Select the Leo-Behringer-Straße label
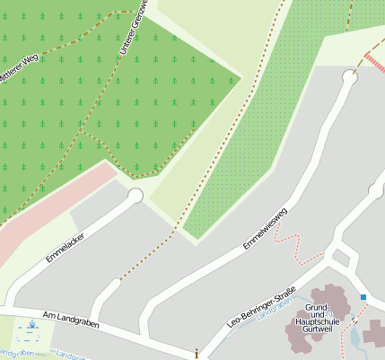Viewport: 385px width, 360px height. (261, 305)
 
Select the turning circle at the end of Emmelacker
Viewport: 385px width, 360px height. (136, 196)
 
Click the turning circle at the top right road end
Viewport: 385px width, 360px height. (349, 78)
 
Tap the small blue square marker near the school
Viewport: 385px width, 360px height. (363, 296)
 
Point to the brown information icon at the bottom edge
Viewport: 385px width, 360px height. (197, 354)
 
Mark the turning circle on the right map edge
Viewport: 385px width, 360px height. (375, 190)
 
